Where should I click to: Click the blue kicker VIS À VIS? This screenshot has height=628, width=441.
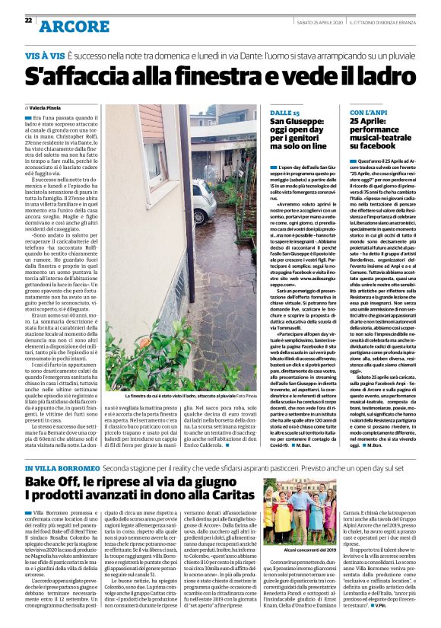pyautogui.click(x=43, y=57)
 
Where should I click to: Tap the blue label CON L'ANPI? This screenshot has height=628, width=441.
pyautogui.click(x=369, y=113)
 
